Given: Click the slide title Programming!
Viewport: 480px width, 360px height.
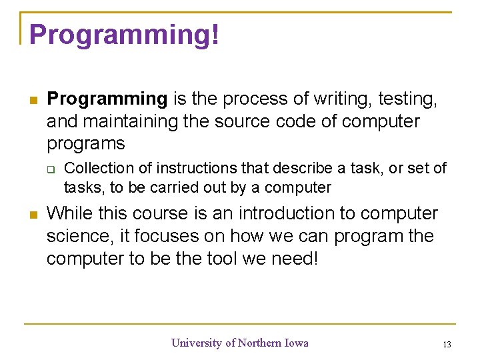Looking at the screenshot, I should tap(124, 35).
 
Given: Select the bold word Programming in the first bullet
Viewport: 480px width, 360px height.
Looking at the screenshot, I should tap(107, 99).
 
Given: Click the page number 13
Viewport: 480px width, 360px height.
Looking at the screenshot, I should tap(447, 345).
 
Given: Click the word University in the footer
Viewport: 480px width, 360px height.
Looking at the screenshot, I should tap(197, 343).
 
